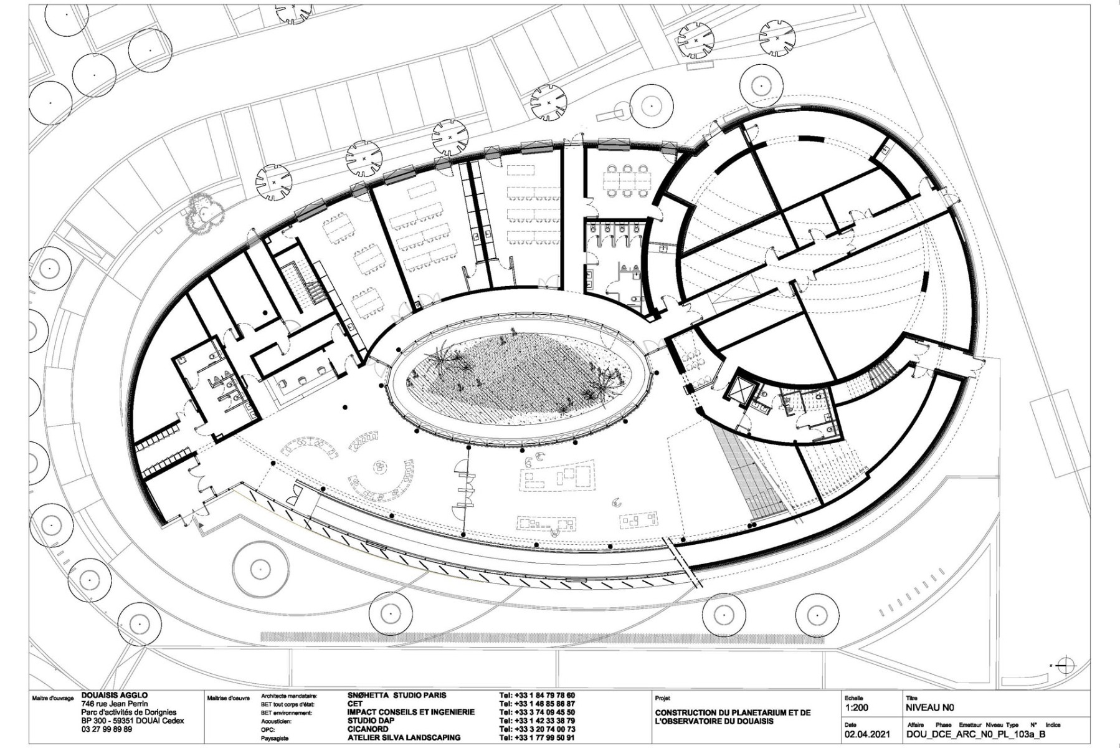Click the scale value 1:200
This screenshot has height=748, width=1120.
click(856, 708)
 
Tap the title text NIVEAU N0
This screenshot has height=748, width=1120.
click(929, 708)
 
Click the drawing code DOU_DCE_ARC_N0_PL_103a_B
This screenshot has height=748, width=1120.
click(975, 734)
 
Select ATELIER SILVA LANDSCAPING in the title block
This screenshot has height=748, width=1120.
click(404, 737)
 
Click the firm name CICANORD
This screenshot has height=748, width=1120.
click(368, 729)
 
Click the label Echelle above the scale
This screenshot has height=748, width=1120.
click(853, 698)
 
